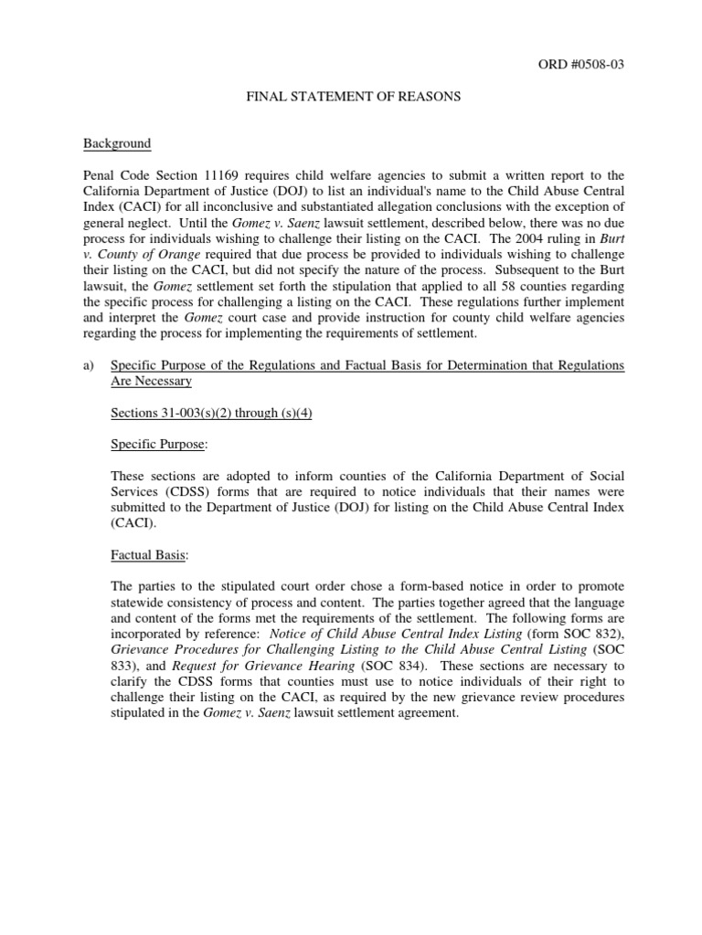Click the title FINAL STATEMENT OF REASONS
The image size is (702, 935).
click(x=353, y=98)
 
